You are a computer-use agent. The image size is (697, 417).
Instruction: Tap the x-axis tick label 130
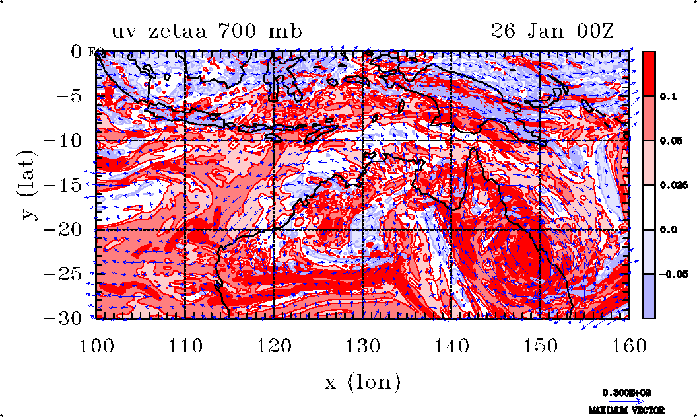pos(362,346)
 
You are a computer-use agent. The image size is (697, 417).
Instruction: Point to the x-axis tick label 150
pos(541,346)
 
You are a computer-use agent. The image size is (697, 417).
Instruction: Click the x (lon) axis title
pos(362,381)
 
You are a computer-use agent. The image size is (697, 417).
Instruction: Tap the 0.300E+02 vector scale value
pos(626,392)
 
